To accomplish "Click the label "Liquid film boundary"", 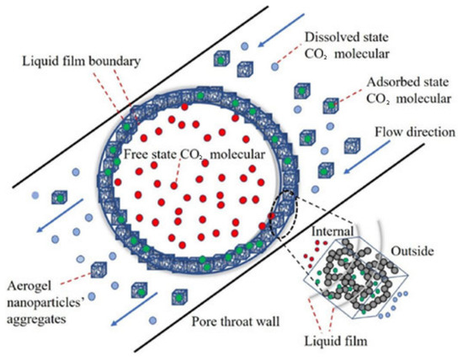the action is click(x=82, y=61).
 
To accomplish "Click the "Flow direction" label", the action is click(x=415, y=132).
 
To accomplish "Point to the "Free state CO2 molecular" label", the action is click(x=194, y=155).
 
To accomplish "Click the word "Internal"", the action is click(x=333, y=231).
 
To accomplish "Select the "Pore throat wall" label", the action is click(x=236, y=321).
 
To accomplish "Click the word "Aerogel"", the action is click(x=29, y=286).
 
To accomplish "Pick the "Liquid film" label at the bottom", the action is click(x=336, y=341).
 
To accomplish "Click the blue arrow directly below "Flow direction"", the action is click(x=366, y=157).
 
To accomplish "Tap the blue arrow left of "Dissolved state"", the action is click(x=281, y=30).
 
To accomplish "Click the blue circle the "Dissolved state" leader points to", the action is click(x=274, y=67).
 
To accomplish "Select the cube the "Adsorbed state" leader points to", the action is click(x=331, y=105).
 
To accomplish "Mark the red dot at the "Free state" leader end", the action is click(x=173, y=186).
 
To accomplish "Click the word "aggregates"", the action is click(x=36, y=319).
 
